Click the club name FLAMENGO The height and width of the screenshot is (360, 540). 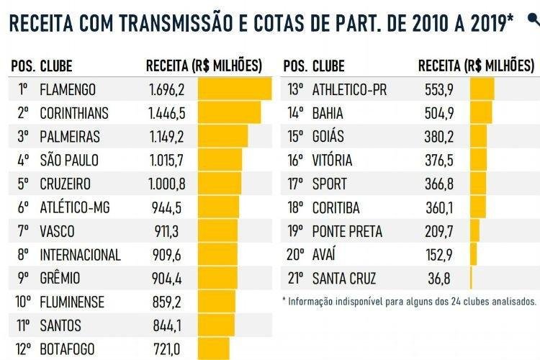click(68, 90)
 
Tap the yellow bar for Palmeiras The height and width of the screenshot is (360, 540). click(222, 137)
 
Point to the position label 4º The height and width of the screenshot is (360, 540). click(23, 160)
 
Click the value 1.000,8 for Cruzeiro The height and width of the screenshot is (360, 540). click(167, 184)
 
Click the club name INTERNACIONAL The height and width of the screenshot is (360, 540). click(80, 255)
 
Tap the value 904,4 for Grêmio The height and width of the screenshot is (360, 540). click(167, 279)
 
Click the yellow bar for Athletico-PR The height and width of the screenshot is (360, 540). click(482, 90)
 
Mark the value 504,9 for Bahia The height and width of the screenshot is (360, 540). click(439, 113)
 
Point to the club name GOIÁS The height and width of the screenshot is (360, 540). click(328, 137)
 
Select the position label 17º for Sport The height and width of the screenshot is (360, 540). click(295, 184)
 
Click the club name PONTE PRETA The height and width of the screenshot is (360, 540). click(347, 231)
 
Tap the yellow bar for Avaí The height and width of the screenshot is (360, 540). click(473, 255)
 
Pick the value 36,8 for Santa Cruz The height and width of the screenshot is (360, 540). click(439, 279)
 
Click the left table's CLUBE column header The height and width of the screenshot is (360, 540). click(56, 66)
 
